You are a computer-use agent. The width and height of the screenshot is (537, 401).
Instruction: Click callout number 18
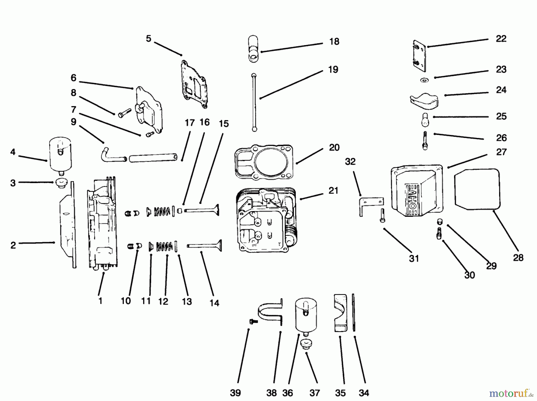click(334, 42)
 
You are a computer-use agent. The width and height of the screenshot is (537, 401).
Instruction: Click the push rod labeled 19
click(254, 102)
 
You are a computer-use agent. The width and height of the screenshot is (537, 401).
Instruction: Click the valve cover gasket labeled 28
click(477, 189)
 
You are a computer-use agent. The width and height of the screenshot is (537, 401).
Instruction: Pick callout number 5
click(149, 39)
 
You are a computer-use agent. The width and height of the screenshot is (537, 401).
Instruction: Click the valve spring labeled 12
click(164, 246)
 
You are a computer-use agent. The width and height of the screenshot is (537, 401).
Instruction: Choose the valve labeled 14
click(205, 245)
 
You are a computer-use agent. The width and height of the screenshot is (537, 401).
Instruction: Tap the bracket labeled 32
click(371, 206)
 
